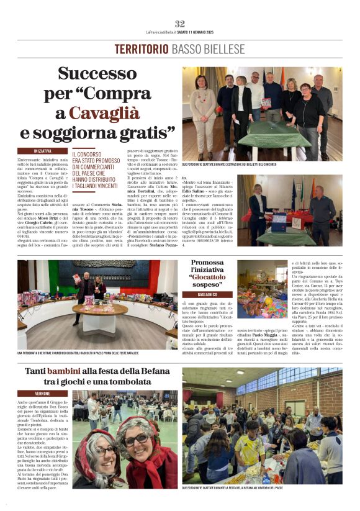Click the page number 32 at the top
[180, 24]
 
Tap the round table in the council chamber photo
[99, 309]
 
